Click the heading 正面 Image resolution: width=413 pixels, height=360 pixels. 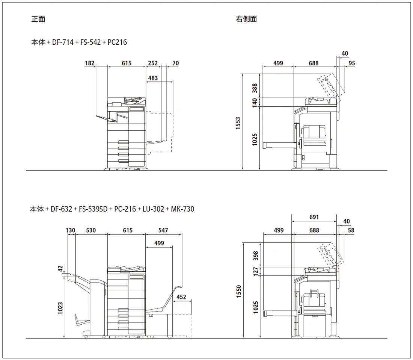tap(38, 19)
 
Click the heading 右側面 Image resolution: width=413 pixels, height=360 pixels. tap(246, 19)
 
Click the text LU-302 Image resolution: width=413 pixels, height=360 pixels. tap(153, 209)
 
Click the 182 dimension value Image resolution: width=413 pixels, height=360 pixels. tap(89, 64)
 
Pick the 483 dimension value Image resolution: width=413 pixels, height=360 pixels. tap(153, 79)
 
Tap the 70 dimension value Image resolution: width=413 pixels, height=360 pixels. tap(175, 64)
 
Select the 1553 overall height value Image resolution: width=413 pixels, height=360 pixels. tap(238, 123)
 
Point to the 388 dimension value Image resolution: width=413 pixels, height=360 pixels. tap(255, 88)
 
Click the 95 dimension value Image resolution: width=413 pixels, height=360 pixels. tap(351, 64)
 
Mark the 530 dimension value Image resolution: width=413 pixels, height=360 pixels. tap(91, 230)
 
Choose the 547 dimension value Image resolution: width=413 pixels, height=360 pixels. tap(163, 230)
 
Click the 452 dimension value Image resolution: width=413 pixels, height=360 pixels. tap(181, 297)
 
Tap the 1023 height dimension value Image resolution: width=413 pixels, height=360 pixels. tap(60, 308)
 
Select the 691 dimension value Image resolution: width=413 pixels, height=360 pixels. tap(314, 217)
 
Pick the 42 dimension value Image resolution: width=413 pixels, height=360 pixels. tap(60, 268)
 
